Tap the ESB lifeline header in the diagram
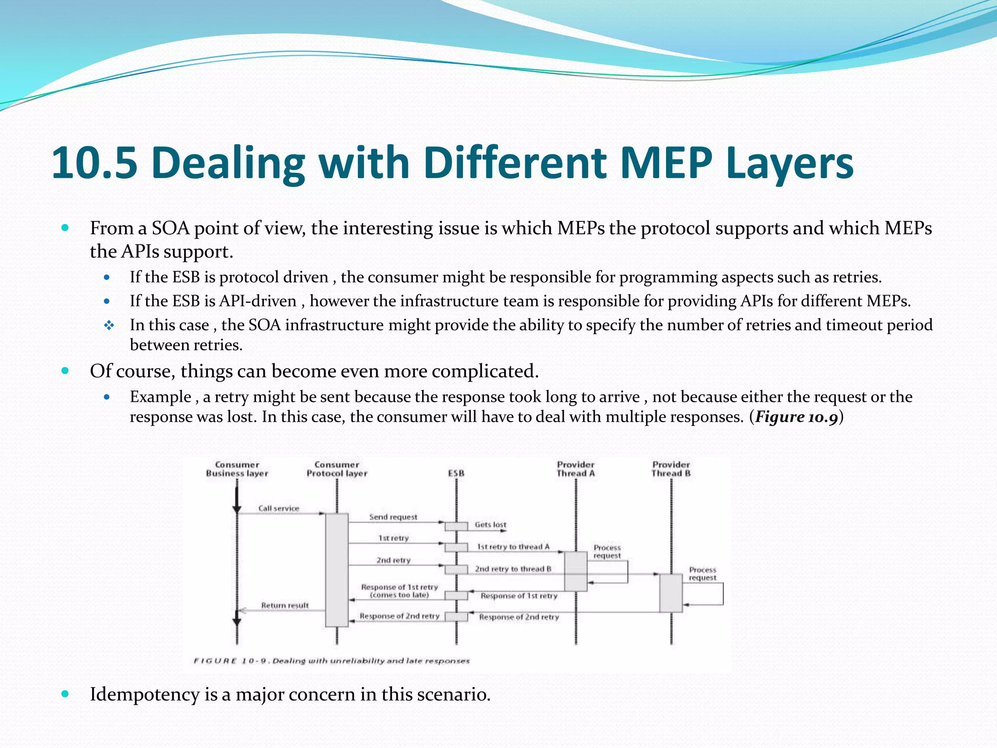pos(456,473)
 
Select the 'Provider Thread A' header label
pos(576,469)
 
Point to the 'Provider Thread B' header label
pos(671,469)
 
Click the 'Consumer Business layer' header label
pos(237,469)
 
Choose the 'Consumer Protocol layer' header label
pos(337,469)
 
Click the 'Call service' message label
pos(278,508)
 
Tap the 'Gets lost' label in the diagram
pos(490,524)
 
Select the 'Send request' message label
pos(393,517)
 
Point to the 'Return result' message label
pos(285,605)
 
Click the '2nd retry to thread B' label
pos(513,569)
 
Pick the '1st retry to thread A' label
pos(513,547)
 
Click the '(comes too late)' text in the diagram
pos(399,595)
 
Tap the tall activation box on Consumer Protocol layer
pos(337,570)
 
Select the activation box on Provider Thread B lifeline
pos(671,593)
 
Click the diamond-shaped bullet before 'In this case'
pos(109,325)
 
